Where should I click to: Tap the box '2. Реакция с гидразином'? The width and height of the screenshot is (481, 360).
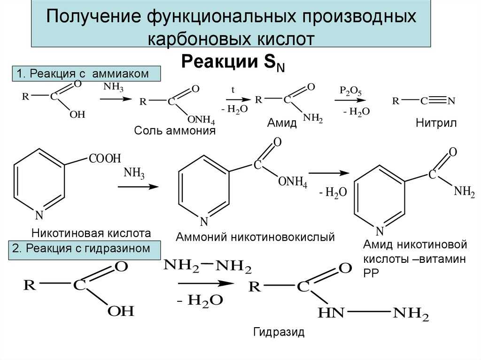[x=85, y=248]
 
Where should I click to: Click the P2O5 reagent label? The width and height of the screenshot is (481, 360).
[x=351, y=91]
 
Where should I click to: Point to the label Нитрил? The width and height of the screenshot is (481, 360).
[x=436, y=123]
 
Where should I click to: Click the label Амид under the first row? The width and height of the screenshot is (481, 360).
[x=282, y=123]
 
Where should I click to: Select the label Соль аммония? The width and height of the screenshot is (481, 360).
[x=175, y=130]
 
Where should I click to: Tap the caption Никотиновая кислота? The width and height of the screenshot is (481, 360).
[x=91, y=233]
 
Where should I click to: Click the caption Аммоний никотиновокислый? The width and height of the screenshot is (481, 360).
[x=255, y=237]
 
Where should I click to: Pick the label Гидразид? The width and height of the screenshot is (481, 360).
[x=279, y=332]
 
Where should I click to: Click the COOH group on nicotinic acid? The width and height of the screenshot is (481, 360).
[x=105, y=159]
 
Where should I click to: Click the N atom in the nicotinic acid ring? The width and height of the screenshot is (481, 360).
[x=39, y=215]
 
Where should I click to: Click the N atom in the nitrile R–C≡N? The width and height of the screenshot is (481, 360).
[x=452, y=100]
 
